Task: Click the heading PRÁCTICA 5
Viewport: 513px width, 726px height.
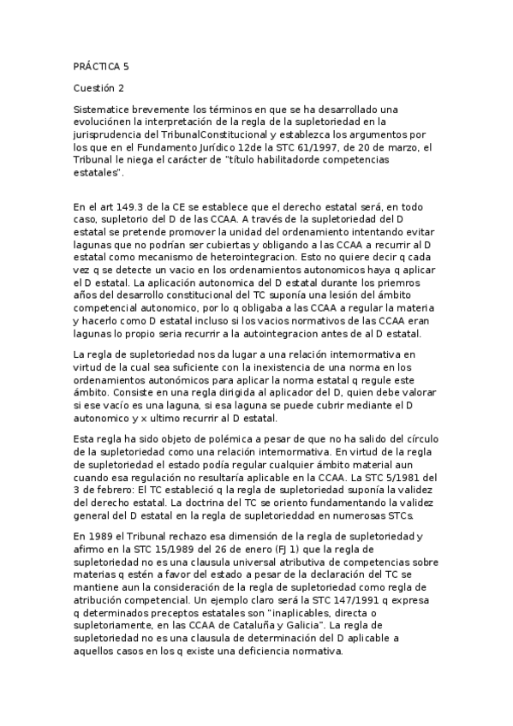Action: [x=102, y=66]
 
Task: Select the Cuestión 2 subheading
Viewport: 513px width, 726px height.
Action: [x=100, y=87]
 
